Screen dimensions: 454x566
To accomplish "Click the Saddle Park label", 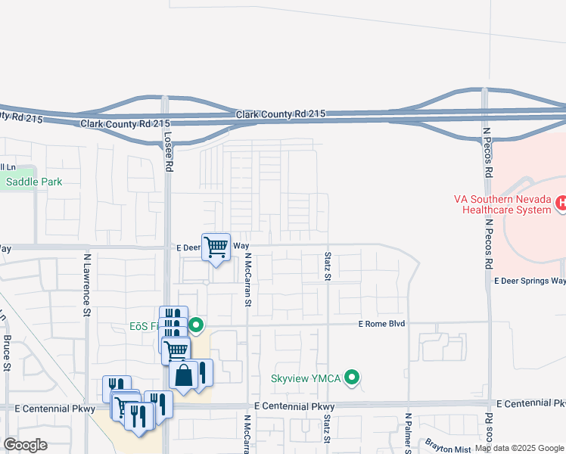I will [34, 182].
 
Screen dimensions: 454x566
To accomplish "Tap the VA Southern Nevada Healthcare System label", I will [502, 204].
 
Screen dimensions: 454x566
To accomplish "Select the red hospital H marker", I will [561, 203].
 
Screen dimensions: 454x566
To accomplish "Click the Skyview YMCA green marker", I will [352, 377].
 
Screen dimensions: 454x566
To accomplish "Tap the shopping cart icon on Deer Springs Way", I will [216, 246].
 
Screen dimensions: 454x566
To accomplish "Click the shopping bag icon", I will [184, 375].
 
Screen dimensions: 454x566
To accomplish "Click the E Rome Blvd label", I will [382, 323].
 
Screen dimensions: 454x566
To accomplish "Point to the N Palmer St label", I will [408, 432].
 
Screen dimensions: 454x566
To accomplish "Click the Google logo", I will [25, 445].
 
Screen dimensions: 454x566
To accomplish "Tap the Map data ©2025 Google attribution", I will [519, 448].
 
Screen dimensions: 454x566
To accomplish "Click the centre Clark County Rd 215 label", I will [280, 113].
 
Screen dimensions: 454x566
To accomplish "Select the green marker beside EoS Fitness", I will [196, 326].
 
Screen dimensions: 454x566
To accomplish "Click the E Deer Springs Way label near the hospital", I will [530, 281].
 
